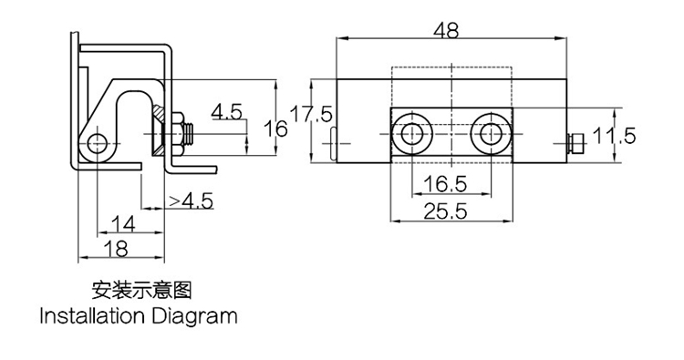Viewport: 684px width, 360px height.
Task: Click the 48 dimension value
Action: click(446, 30)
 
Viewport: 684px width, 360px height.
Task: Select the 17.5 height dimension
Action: click(311, 115)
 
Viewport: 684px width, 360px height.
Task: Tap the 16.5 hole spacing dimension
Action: click(445, 184)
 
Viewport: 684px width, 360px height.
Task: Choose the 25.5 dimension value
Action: click(445, 211)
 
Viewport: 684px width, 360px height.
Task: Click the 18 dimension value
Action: click(116, 250)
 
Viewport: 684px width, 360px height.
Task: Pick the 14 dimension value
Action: click(123, 224)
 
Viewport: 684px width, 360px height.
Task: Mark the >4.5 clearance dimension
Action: click(192, 201)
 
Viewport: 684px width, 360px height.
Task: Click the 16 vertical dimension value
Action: click(275, 129)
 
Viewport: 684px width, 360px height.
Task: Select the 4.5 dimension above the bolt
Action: click(226, 112)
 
